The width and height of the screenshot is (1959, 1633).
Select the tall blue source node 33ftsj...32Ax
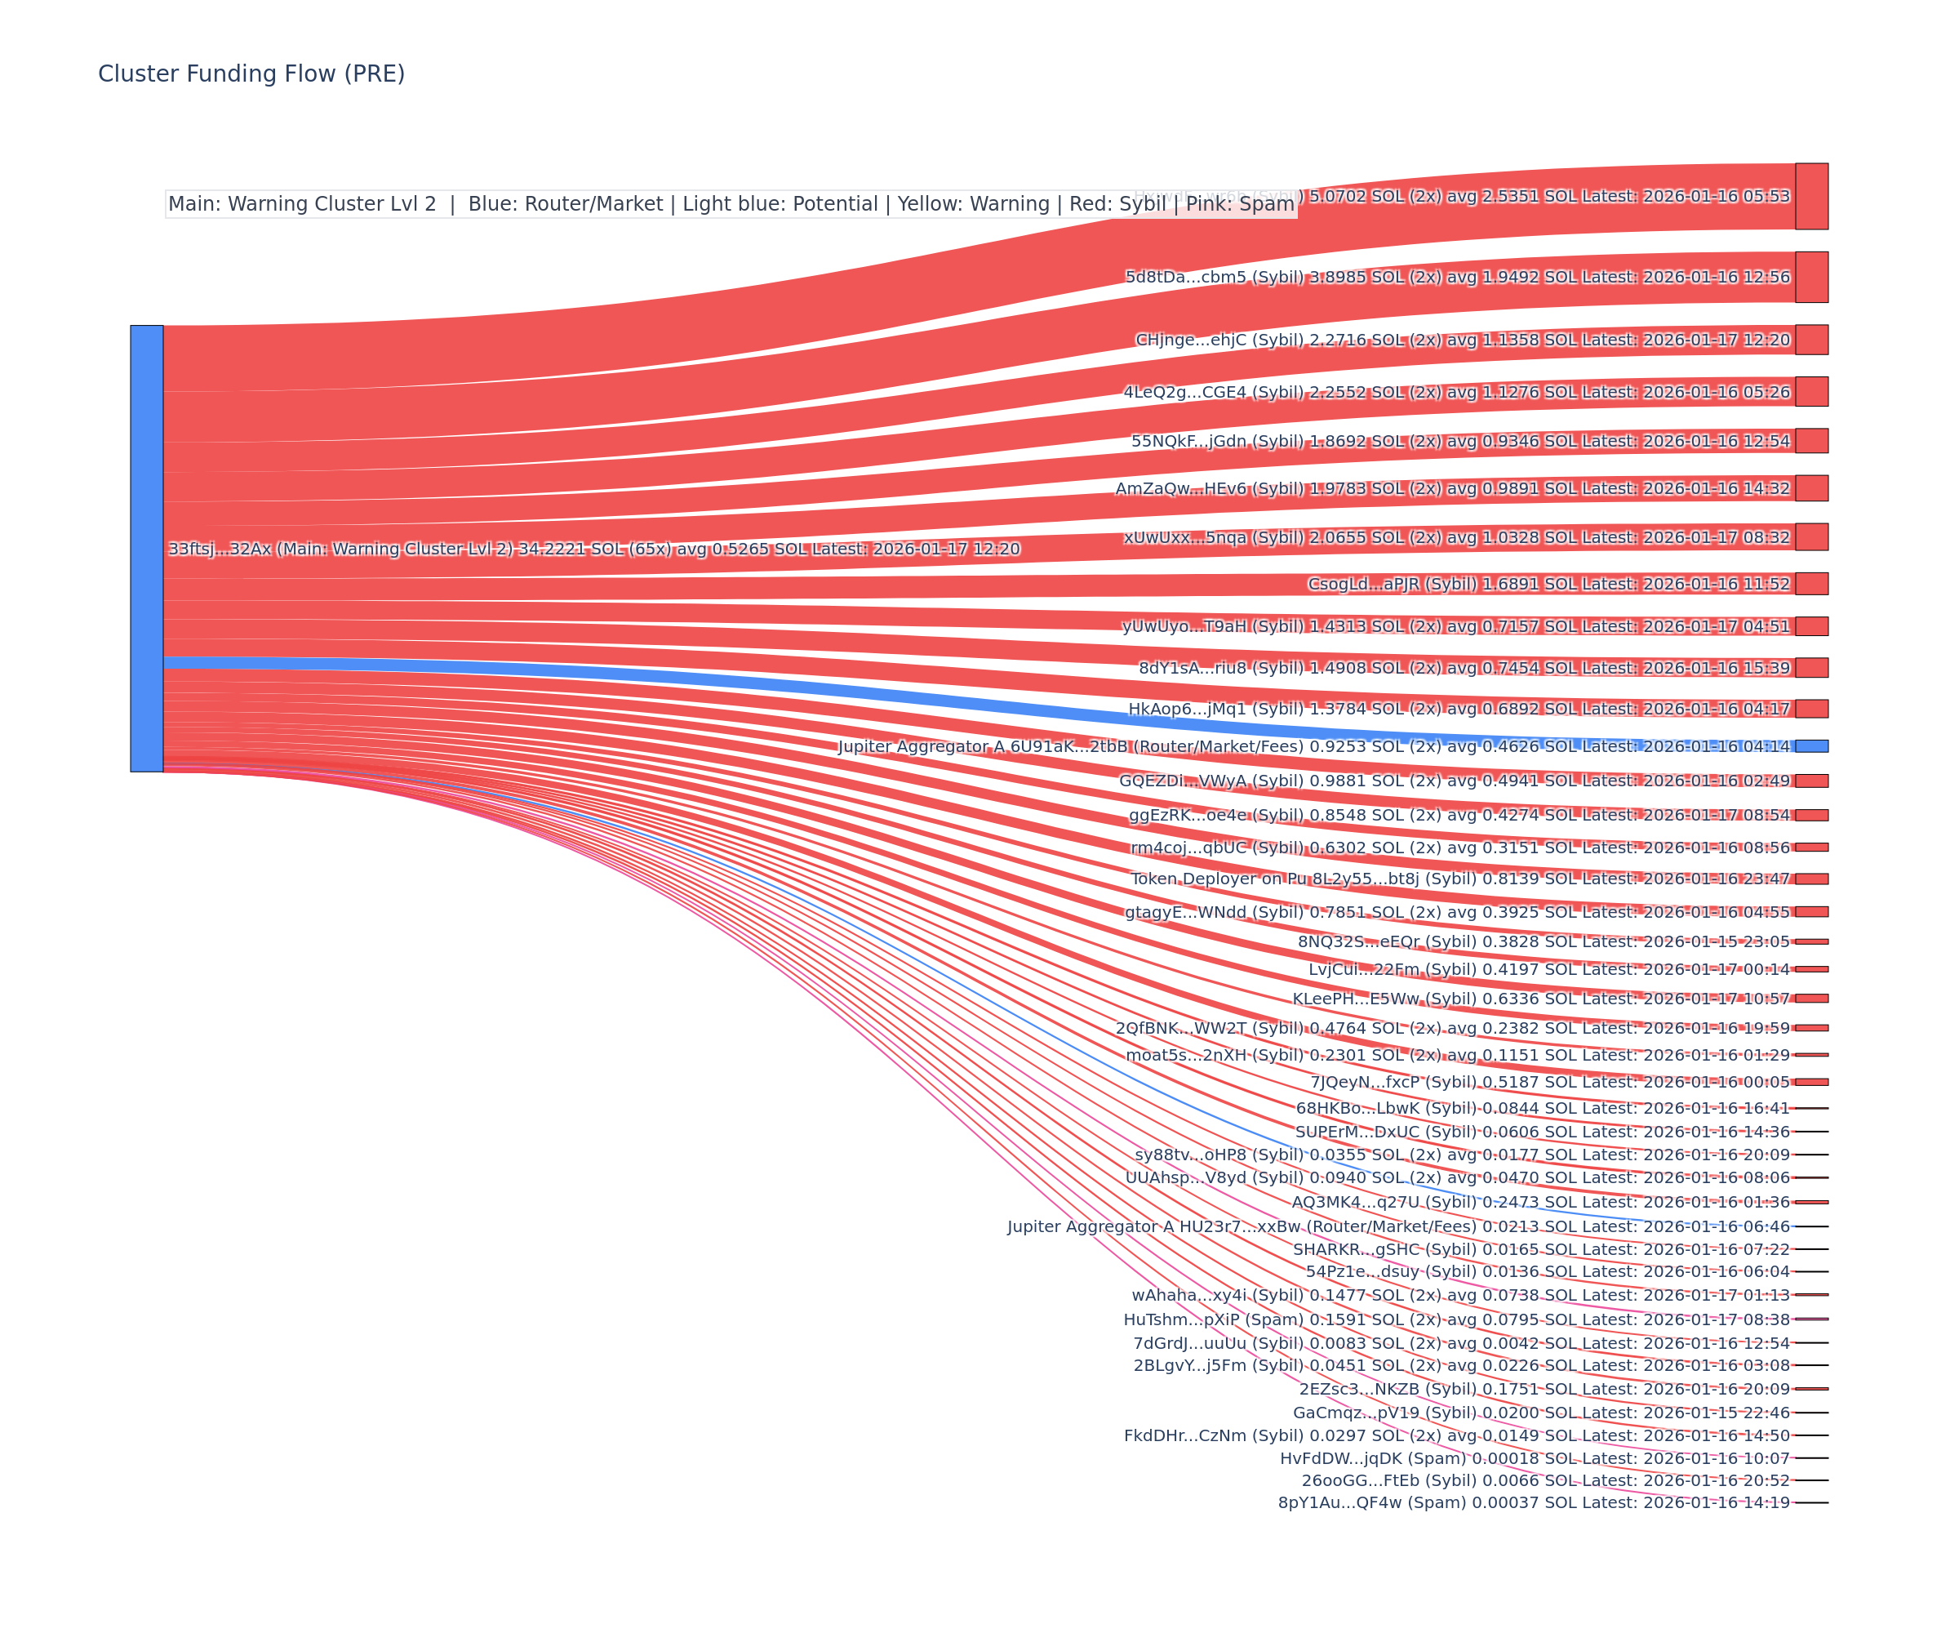point(146,549)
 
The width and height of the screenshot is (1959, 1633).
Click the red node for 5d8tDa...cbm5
point(1810,277)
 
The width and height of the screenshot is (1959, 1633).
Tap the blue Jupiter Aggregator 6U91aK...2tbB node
point(1810,745)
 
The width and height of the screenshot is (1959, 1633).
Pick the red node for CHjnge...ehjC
point(1810,340)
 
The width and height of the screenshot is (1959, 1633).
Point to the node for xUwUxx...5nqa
point(1810,536)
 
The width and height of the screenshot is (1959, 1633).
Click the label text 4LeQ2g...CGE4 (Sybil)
point(1213,392)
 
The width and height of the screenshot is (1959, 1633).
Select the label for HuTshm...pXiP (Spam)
point(1213,1319)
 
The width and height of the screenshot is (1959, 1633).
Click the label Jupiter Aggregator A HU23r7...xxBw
point(1241,1226)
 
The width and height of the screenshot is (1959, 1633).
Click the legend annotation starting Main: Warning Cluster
point(731,204)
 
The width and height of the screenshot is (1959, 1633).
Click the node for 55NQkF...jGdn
point(1810,440)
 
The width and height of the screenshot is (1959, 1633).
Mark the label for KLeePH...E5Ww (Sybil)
point(1380,999)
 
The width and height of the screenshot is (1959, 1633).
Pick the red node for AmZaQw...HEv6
point(1810,488)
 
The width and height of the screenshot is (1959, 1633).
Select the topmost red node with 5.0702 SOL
point(1810,196)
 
